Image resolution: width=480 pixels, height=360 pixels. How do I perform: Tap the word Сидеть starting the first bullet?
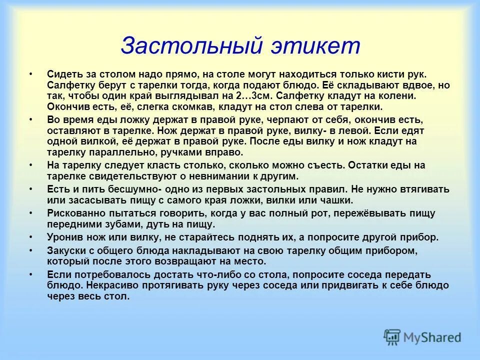[62, 74]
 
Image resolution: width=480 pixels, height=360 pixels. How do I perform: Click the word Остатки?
[367, 165]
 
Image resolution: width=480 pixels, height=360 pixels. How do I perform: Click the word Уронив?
[63, 237]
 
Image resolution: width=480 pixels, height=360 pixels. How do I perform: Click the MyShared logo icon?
[392, 336]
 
